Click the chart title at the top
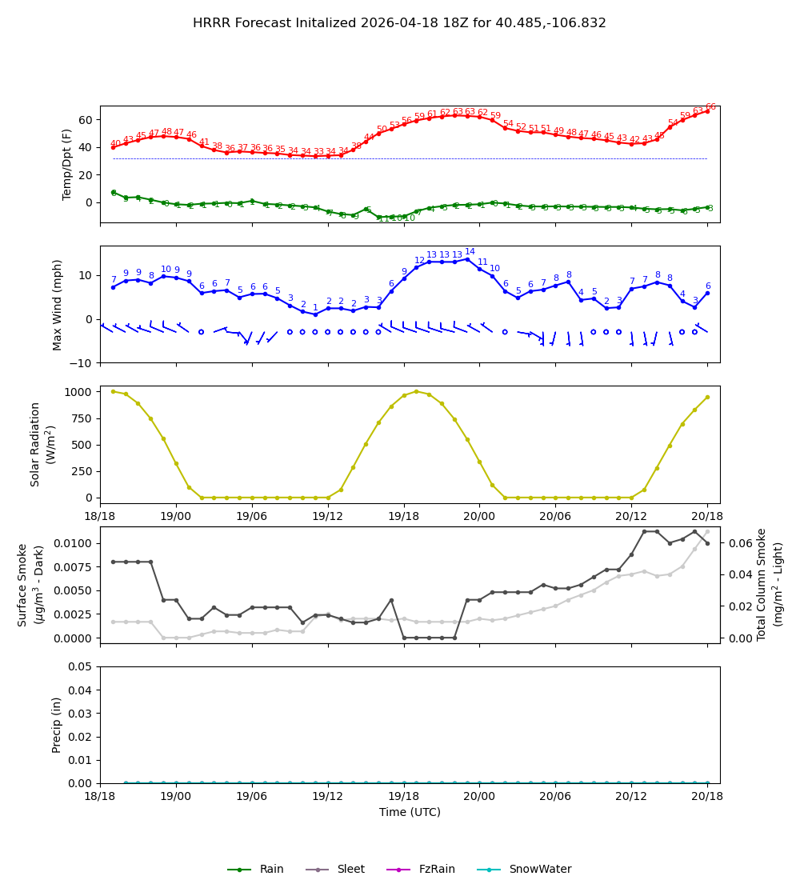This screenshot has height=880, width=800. (399, 23)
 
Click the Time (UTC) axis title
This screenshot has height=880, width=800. (410, 812)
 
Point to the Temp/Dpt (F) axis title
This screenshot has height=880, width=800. (67, 164)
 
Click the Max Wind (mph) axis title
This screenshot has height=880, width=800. (58, 304)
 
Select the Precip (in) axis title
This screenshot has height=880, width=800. (57, 725)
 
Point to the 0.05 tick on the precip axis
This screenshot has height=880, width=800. (81, 666)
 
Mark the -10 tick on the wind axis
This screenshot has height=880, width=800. (84, 363)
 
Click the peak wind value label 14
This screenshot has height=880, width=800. (470, 252)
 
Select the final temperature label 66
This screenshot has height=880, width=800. (710, 107)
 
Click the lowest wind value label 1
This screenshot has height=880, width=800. (315, 308)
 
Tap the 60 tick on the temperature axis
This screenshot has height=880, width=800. (86, 120)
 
